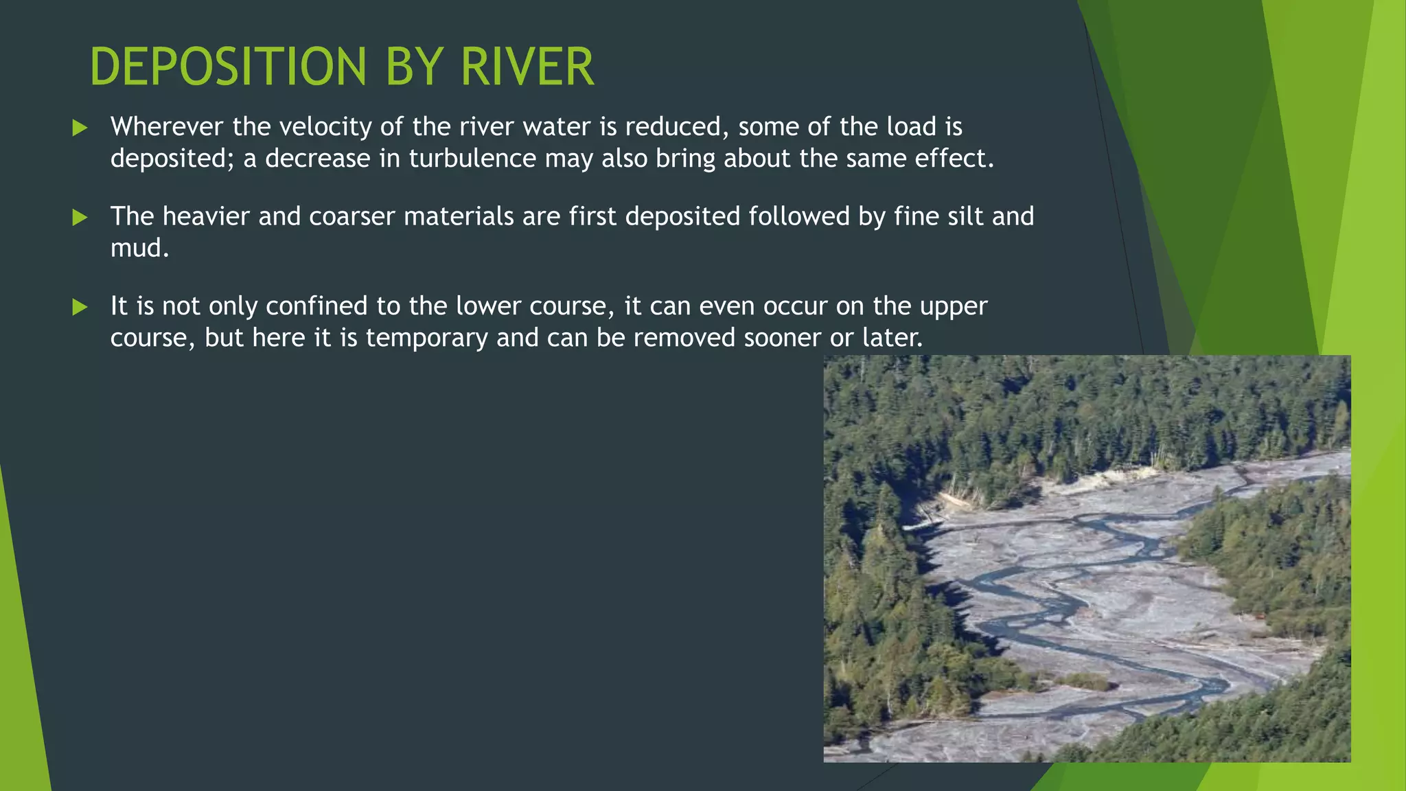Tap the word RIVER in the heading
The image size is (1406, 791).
527,67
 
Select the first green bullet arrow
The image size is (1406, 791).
80,128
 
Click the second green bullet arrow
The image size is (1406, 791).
80,218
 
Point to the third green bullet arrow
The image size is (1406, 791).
80,307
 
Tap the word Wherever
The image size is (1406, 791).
167,127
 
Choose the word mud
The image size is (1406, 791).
137,248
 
